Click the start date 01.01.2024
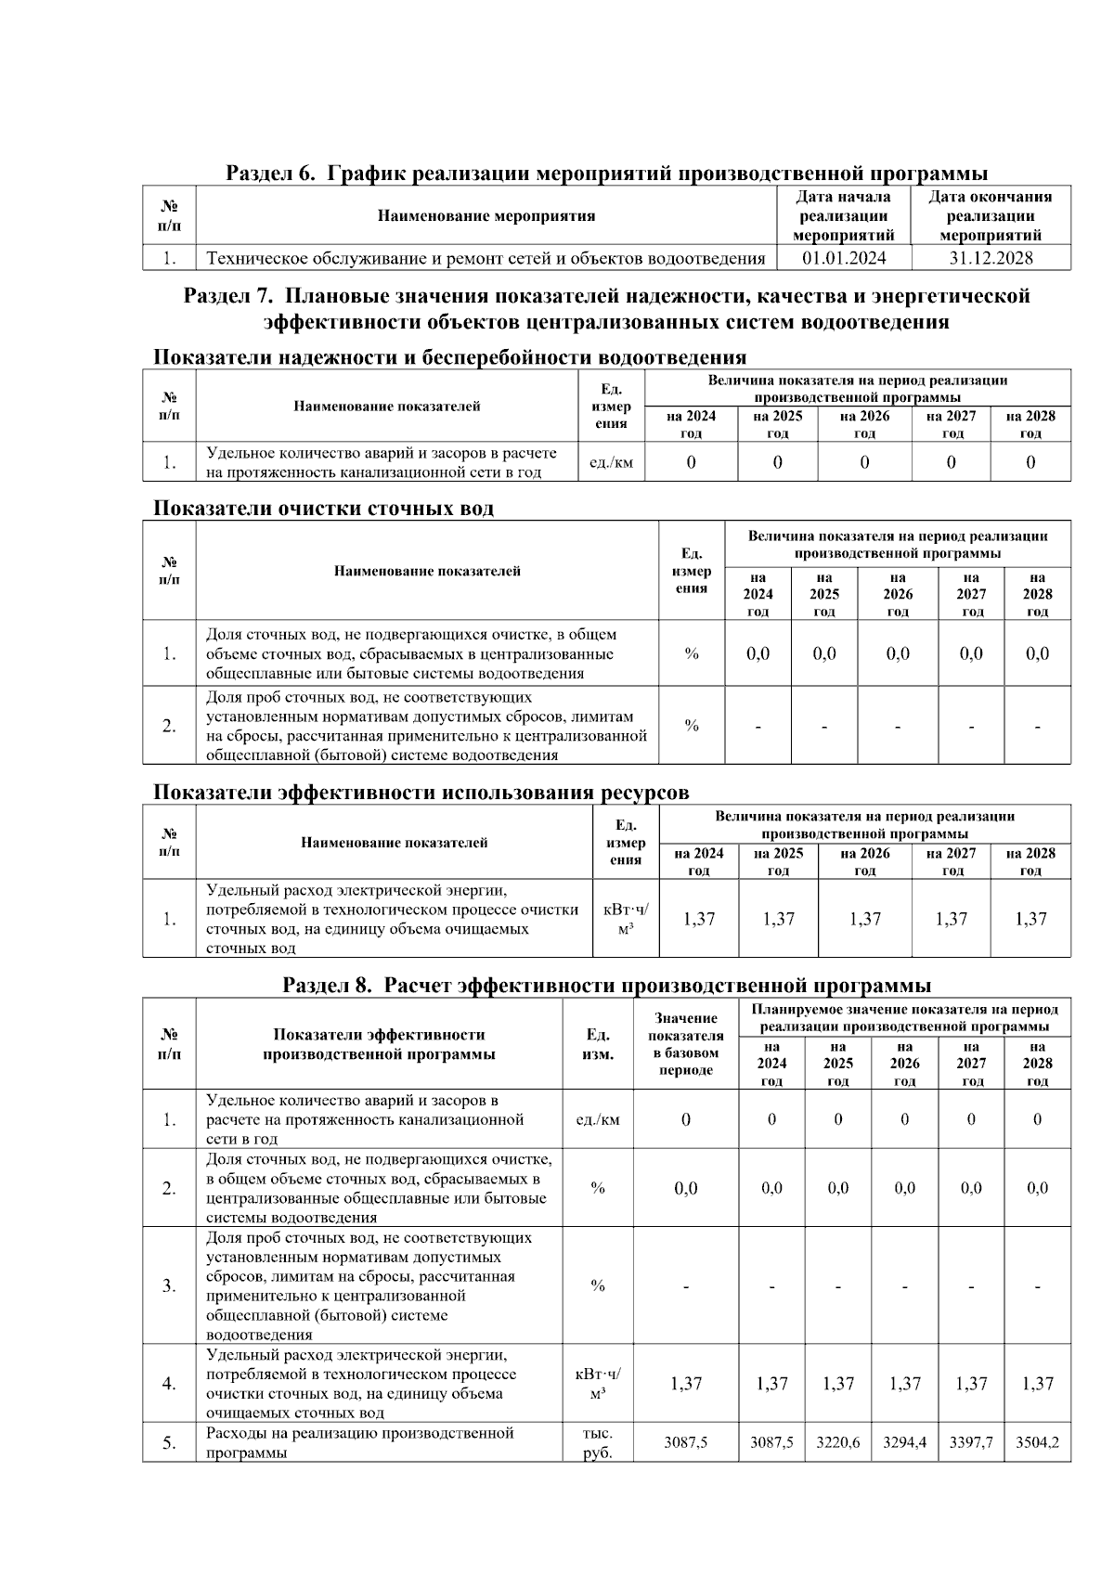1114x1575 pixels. click(x=844, y=258)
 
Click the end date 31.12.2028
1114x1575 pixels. click(x=991, y=258)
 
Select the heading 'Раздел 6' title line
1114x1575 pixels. click(x=606, y=174)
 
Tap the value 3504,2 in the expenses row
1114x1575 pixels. click(x=1037, y=1442)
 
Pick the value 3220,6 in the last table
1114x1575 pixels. click(x=837, y=1442)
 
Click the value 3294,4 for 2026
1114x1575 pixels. click(x=904, y=1442)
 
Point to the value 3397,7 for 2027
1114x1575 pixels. click(x=971, y=1442)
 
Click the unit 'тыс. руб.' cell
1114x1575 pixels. click(x=598, y=1442)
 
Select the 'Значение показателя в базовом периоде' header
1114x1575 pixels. click(x=685, y=1044)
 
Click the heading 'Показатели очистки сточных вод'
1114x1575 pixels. click(x=323, y=509)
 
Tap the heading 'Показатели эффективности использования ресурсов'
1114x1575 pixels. click(x=421, y=793)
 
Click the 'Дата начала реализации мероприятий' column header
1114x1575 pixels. click(x=844, y=215)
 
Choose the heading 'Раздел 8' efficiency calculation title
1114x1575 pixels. click(x=606, y=985)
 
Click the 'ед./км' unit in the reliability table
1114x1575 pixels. click(x=611, y=462)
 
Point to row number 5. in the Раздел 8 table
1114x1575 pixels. click(x=169, y=1442)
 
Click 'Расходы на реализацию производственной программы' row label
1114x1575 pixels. click(x=359, y=1442)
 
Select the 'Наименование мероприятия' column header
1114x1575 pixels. click(x=486, y=216)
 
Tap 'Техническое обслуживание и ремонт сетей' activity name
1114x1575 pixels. click(x=486, y=258)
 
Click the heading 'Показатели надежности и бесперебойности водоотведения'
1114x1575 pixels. click(x=449, y=357)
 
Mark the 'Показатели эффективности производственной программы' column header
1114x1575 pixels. click(x=379, y=1044)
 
